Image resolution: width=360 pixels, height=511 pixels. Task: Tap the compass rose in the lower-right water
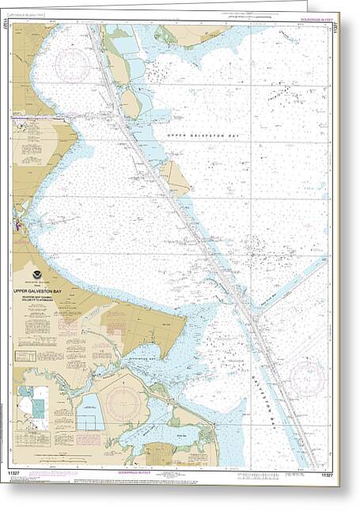[x=309, y=377]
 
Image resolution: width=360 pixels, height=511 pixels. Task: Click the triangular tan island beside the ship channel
[x=174, y=178]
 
